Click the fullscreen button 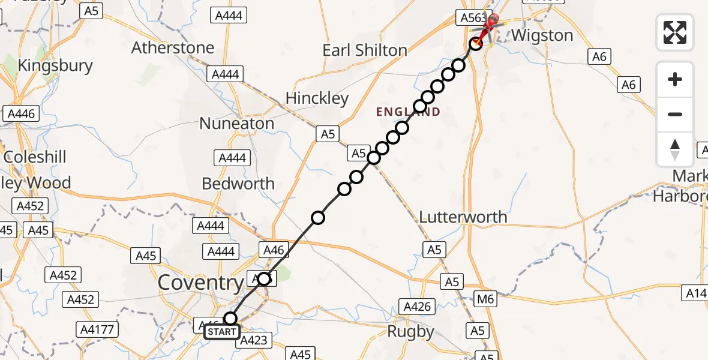pos(675,32)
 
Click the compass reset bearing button pos(675,149)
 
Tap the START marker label pos(221,331)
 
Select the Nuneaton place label pos(237,124)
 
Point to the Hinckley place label pos(317,98)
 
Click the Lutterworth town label pos(463,217)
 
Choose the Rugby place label pos(410,331)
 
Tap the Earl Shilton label pos(365,50)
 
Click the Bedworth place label pos(238,183)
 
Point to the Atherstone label pos(173,47)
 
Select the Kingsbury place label pos(56,65)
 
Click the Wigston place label pos(542,35)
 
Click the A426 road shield pos(418,307)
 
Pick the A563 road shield pos(472,17)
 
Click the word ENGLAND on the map pos(408,112)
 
